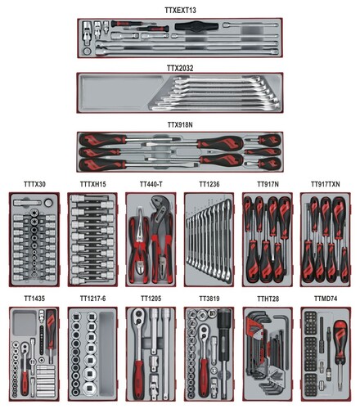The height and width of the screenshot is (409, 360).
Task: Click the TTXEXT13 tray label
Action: click(x=180, y=10)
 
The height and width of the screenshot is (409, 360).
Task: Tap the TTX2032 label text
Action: click(x=180, y=68)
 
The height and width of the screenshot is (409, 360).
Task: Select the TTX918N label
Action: click(x=180, y=124)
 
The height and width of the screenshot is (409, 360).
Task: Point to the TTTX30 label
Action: click(x=34, y=184)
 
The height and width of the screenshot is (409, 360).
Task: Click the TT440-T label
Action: click(x=151, y=184)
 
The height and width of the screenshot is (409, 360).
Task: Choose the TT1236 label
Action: click(x=209, y=184)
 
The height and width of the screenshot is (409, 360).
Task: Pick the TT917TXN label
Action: click(x=326, y=184)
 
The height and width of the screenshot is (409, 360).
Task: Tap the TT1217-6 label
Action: click(x=92, y=299)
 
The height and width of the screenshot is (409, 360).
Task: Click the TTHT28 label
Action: click(x=268, y=299)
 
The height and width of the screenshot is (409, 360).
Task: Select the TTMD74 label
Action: click(x=326, y=299)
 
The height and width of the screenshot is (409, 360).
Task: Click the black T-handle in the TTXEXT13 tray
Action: click(x=196, y=26)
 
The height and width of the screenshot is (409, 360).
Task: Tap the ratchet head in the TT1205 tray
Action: click(x=138, y=317)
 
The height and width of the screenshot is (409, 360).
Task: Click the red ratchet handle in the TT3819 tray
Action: click(x=203, y=378)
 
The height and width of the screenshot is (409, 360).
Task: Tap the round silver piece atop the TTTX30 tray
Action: click(x=48, y=203)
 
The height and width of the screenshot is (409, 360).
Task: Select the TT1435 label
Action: click(x=34, y=299)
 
